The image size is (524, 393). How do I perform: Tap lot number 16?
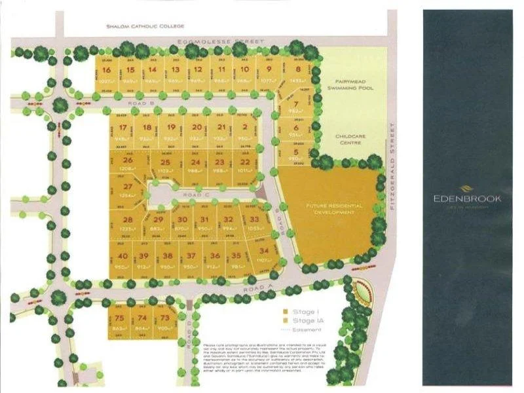click(106, 70)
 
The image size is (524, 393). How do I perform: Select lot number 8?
click(298, 69)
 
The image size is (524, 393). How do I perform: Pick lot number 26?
click(128, 160)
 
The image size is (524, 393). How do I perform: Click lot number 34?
click(264, 251)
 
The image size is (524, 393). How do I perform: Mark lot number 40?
click(122, 255)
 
